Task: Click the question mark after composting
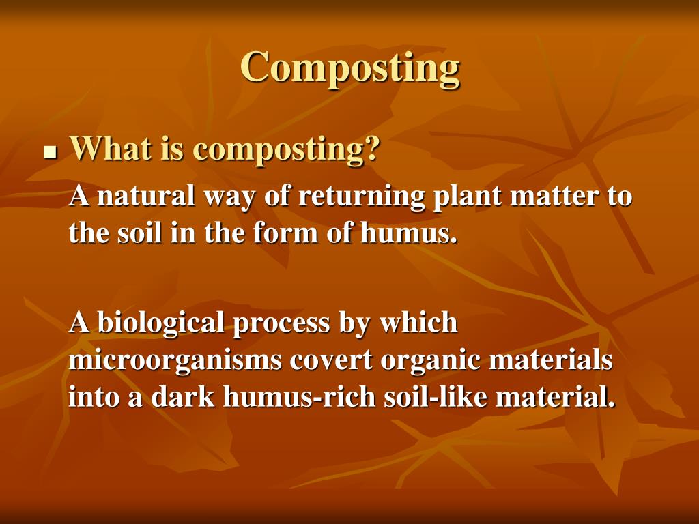coord(371,149)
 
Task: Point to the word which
coord(418,322)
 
